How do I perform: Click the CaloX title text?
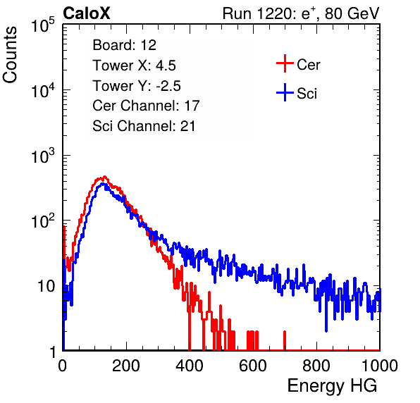[87, 13]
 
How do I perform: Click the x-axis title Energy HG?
[332, 386]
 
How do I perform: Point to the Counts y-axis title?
[10, 55]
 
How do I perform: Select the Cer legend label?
[308, 65]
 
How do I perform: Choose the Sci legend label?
[307, 94]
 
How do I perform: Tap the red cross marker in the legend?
[285, 63]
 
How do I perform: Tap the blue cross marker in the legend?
[285, 93]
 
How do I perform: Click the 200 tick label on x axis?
[126, 366]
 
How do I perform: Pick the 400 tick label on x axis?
[190, 366]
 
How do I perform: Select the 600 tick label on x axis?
[253, 366]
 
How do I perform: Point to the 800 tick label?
[316, 366]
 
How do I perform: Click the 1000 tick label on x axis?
[380, 366]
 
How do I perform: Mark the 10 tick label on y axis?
[46, 286]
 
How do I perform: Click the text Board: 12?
[124, 45]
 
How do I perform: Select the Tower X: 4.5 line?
[134, 66]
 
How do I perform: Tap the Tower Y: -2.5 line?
[137, 86]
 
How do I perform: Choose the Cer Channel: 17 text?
[146, 106]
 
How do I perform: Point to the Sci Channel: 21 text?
[144, 126]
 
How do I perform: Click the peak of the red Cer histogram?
[104, 176]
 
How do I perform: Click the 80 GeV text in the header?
[352, 13]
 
